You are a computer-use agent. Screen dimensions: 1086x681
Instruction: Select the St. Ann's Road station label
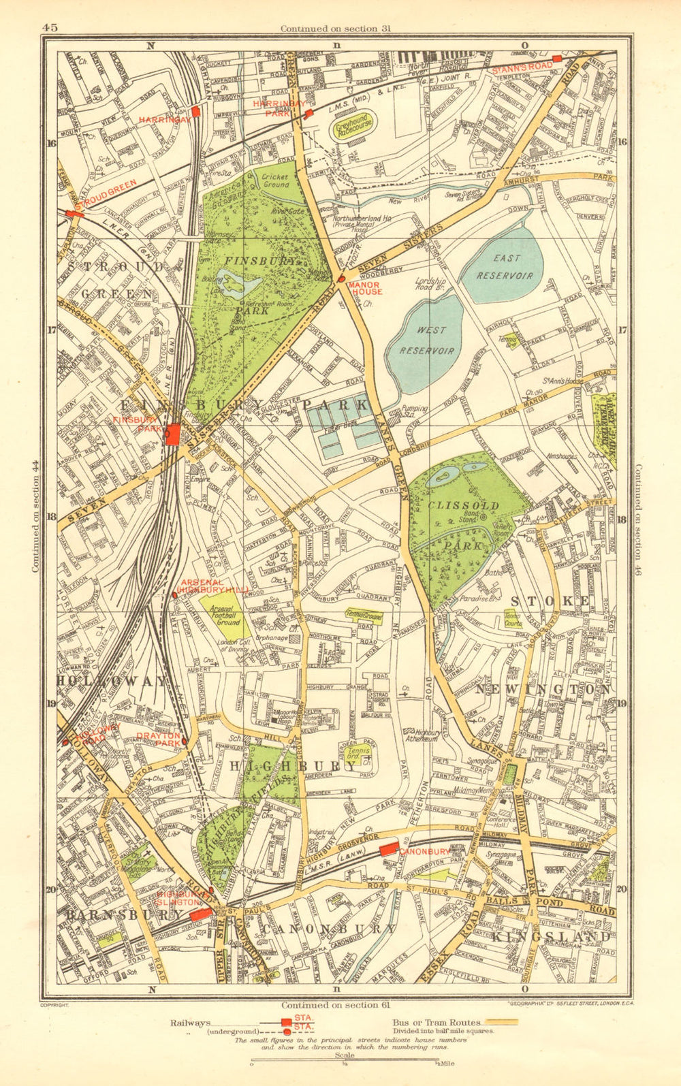click(x=522, y=67)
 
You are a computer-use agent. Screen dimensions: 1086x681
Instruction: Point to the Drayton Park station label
click(x=158, y=739)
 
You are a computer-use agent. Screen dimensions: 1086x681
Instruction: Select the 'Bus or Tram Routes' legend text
click(x=437, y=1023)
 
